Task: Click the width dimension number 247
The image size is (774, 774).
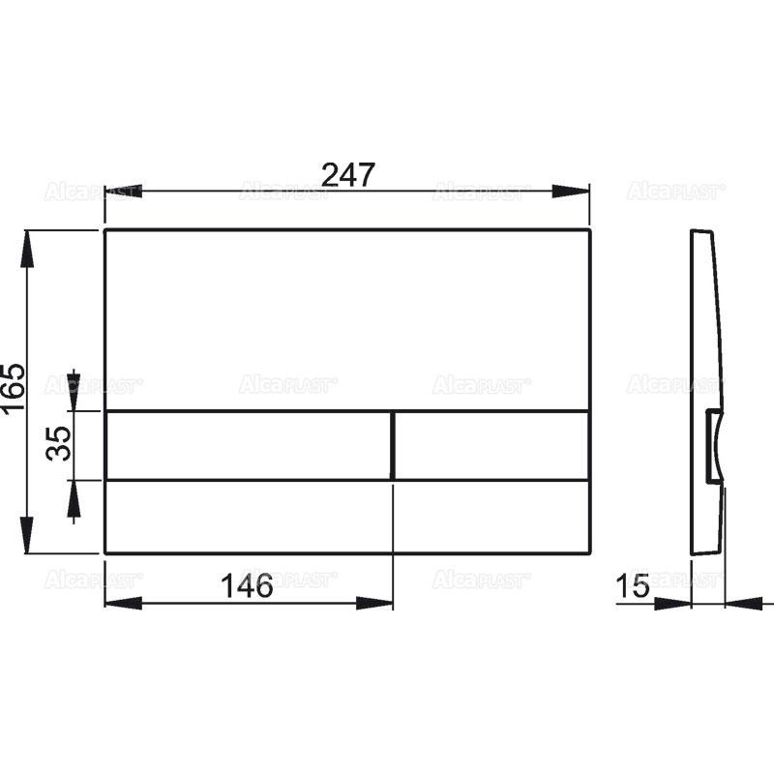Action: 346,175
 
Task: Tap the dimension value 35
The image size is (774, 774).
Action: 60,444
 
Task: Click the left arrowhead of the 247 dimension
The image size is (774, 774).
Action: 122,192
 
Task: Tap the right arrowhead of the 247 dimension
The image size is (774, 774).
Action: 572,192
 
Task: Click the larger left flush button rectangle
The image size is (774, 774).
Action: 248,445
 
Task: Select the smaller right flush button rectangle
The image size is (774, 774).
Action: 491,445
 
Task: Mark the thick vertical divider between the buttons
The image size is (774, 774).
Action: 393,445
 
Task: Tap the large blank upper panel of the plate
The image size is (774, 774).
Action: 346,319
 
